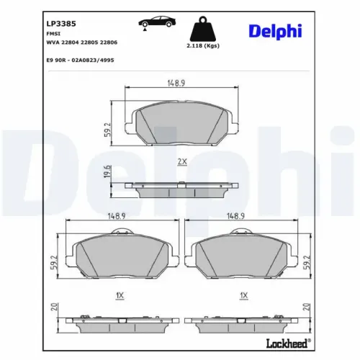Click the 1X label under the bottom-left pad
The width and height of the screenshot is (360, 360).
[120, 295]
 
